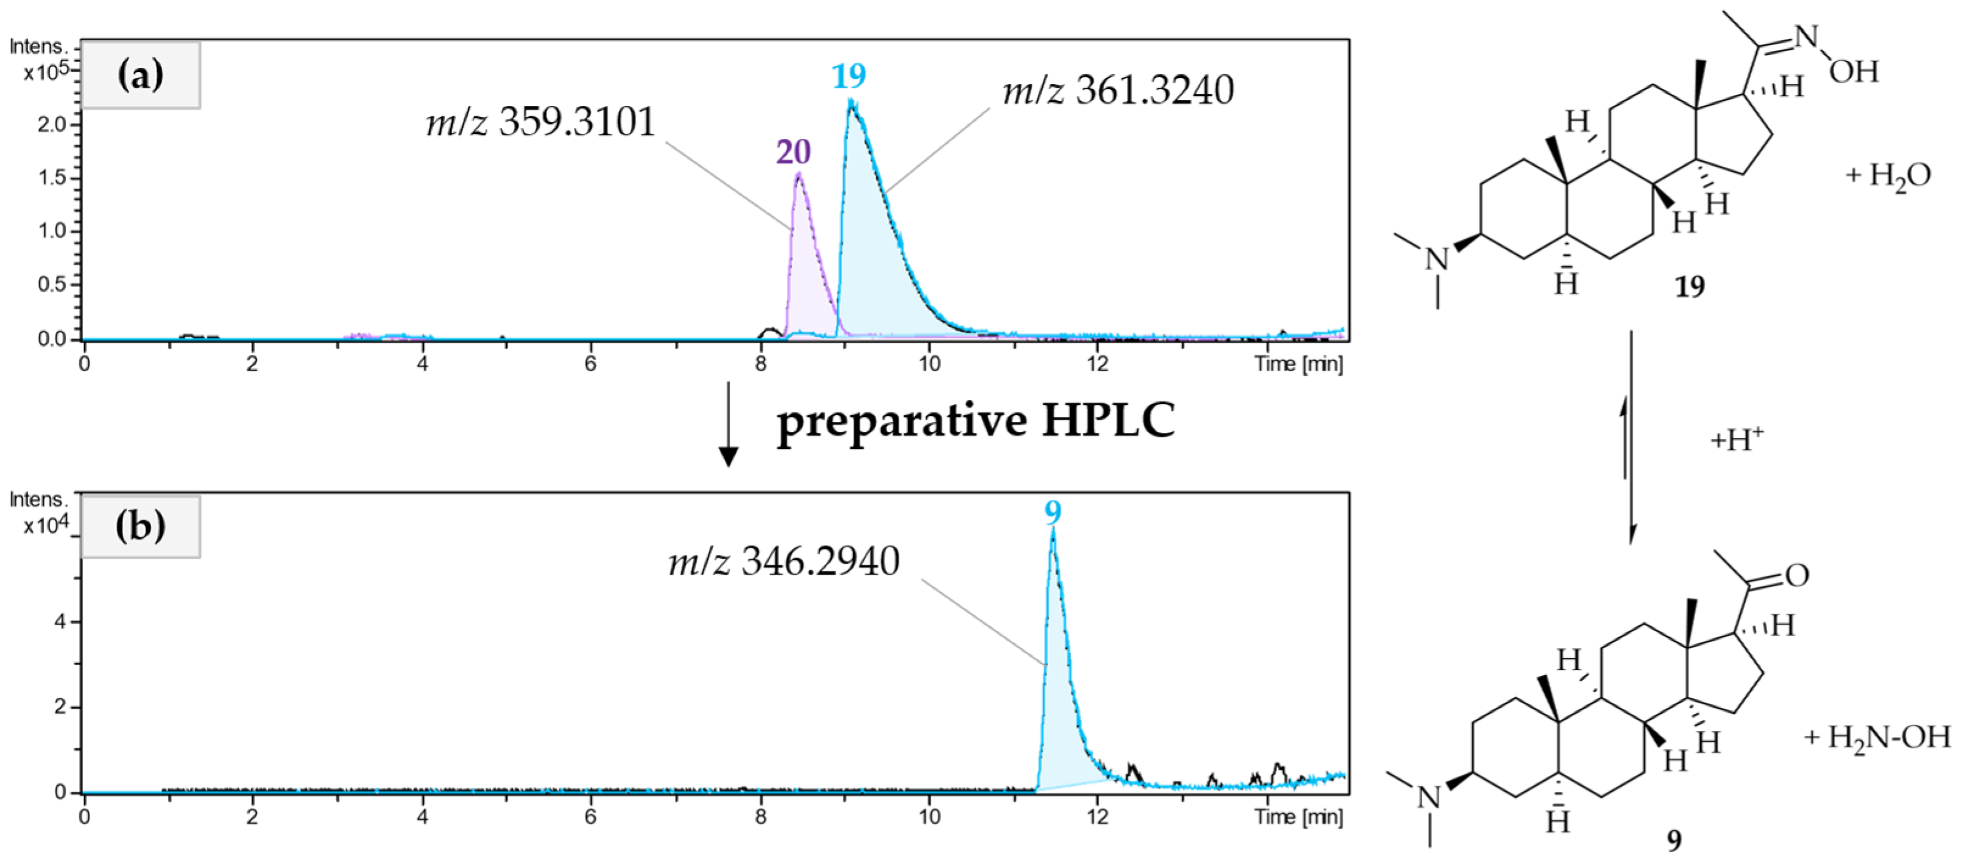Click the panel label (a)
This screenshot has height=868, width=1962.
click(140, 74)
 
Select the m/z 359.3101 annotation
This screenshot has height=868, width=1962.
click(541, 122)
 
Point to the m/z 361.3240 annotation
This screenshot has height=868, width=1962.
click(1118, 91)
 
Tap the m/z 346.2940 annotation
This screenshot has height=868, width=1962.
click(784, 562)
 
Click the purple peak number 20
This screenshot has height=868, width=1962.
click(794, 152)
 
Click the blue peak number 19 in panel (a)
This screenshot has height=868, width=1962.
click(849, 76)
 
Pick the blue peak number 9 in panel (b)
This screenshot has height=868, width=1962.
click(1053, 512)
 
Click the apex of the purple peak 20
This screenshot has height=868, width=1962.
click(798, 174)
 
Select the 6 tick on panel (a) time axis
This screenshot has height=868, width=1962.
click(590, 363)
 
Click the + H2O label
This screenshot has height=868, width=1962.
click(1888, 177)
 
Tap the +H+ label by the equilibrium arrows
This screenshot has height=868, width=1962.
click(1737, 439)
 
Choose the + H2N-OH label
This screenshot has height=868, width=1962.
click(1877, 737)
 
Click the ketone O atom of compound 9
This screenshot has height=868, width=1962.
click(1797, 575)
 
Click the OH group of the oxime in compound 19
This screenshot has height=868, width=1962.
click(1854, 72)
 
